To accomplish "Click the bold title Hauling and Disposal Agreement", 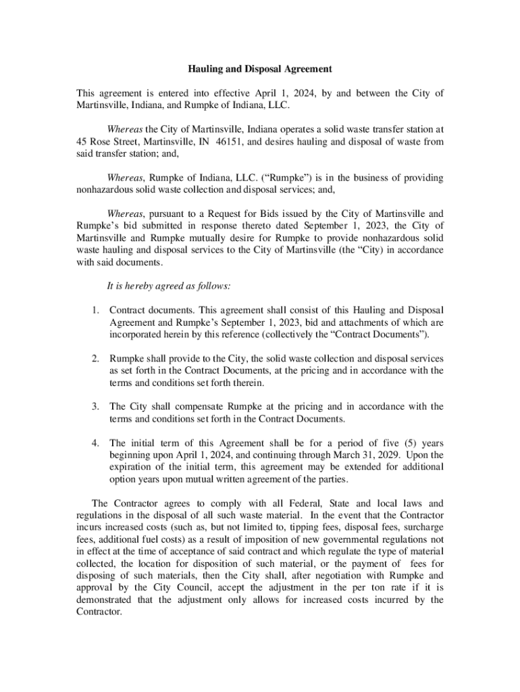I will point(260,69).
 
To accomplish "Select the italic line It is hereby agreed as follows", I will point(169,286).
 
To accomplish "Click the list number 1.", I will point(95,310).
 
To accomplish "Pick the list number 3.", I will point(95,407).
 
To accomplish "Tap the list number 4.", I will point(95,443).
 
